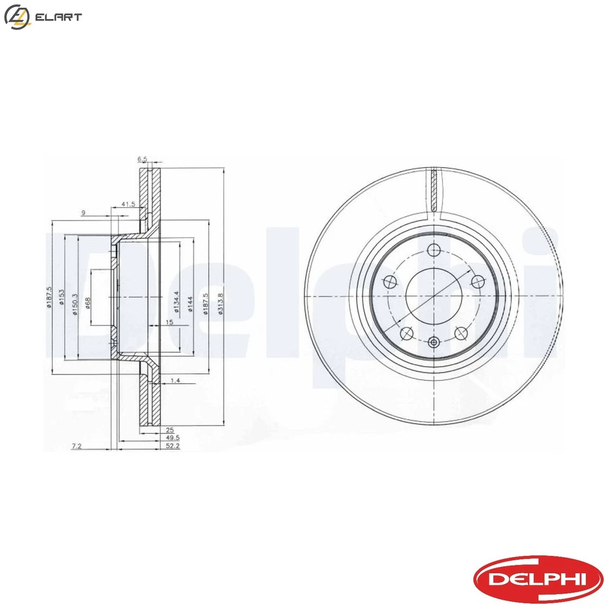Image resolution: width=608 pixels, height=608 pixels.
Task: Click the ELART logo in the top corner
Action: point(42,17)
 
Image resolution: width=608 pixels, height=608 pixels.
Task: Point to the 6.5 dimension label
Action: point(142,160)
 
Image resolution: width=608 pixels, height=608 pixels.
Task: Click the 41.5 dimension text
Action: point(129,204)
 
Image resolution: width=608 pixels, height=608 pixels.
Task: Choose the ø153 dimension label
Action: point(61,298)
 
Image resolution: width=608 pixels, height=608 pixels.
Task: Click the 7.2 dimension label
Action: point(77,446)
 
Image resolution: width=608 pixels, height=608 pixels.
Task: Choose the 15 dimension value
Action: point(169,323)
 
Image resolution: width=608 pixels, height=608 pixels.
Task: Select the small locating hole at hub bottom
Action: point(434,343)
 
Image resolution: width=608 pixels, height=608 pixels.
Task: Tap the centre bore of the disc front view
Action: point(434,296)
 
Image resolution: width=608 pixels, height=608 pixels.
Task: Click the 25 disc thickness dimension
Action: point(151,429)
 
